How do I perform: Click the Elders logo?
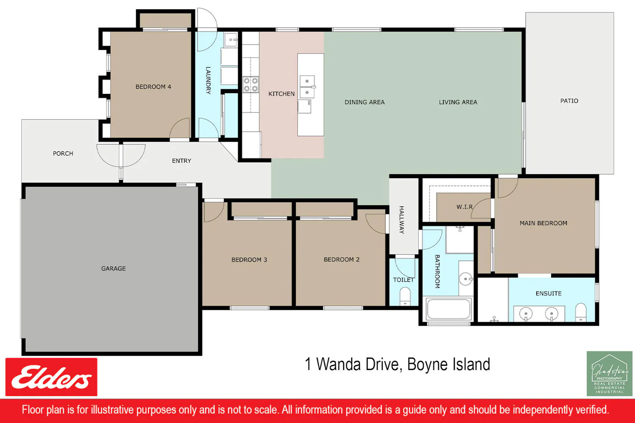click(51, 377)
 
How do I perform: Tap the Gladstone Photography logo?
click(609, 374)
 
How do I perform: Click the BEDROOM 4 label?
click(153, 87)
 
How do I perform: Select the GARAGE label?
click(113, 268)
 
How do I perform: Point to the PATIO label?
click(569, 101)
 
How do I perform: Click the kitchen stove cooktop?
click(251, 85)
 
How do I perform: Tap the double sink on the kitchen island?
click(307, 87)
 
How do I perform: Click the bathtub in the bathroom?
click(448, 309)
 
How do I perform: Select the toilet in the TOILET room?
click(405, 297)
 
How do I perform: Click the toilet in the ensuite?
click(580, 312)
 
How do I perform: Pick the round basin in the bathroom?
click(466, 279)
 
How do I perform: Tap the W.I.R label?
click(465, 207)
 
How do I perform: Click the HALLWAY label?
click(402, 220)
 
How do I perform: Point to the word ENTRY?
click(182, 161)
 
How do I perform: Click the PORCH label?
click(63, 154)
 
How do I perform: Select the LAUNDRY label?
click(208, 80)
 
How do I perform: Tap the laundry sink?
click(231, 40)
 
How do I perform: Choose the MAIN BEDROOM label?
click(544, 223)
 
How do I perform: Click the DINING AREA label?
click(364, 102)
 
